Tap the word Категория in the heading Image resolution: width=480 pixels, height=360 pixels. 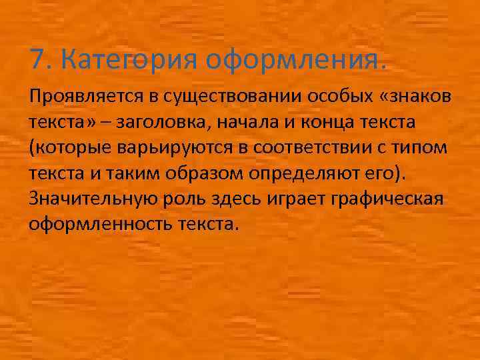[x=128, y=61]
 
